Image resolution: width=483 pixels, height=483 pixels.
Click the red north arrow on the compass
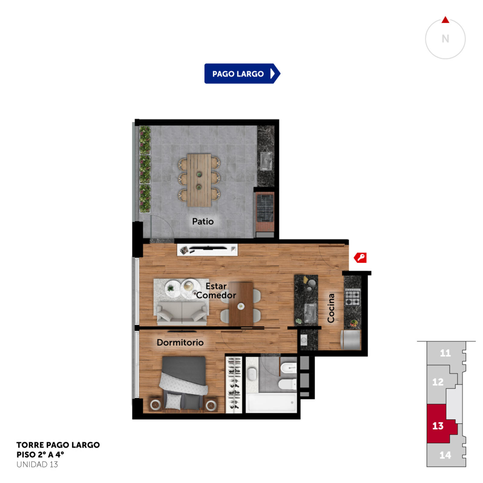pos(445,20)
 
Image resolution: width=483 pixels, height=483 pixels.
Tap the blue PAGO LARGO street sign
pos(242,73)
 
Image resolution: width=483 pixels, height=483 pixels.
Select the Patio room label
pos(203,221)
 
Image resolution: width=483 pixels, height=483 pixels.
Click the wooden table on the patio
pos(199,180)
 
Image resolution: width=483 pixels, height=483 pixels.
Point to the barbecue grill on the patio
pos(265,208)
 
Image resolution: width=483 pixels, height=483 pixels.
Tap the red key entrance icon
pos(360,257)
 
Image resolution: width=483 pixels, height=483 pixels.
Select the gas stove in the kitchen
pos(353,297)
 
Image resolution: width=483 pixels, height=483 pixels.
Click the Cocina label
pos(331,308)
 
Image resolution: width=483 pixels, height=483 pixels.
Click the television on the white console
pos(208,248)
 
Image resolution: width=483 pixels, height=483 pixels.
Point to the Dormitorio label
pos(180,342)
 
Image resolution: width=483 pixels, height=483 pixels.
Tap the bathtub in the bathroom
pos(271,402)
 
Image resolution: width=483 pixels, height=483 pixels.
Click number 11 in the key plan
pos(445,353)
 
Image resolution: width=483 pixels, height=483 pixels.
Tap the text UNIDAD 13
pos(37,464)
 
